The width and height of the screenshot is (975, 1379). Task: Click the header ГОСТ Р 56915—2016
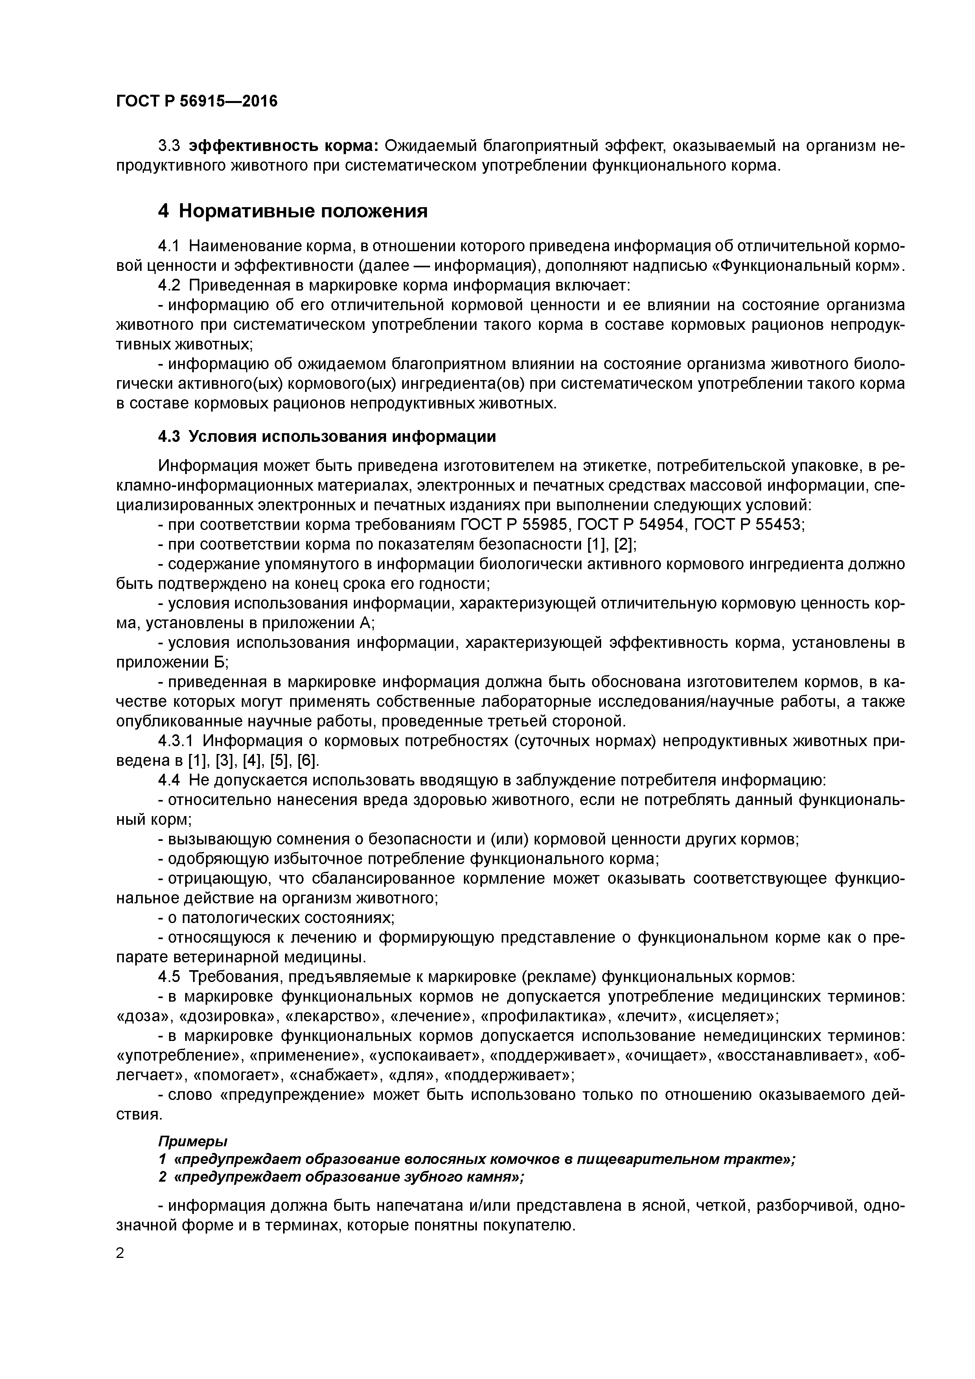(x=197, y=101)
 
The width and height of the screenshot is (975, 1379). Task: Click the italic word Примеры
(x=193, y=1140)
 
